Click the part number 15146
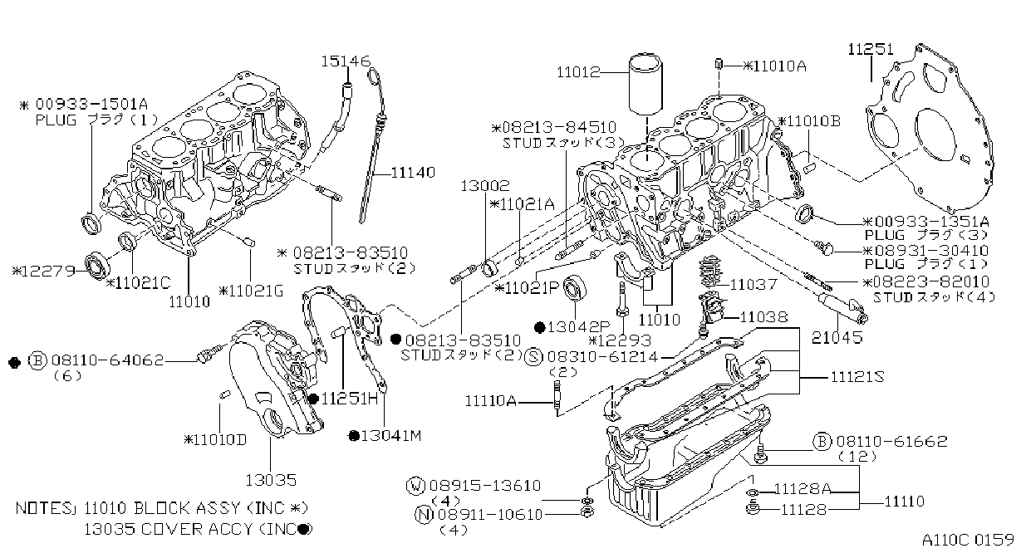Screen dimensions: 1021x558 point(346,61)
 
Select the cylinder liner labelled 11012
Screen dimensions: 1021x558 point(645,84)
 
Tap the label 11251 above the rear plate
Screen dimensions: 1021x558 point(871,49)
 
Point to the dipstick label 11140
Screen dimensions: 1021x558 point(413,173)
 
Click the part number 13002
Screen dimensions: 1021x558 point(485,186)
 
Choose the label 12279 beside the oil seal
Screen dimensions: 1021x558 point(44,272)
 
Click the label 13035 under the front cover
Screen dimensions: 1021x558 point(271,480)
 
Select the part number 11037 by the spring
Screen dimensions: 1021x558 point(753,285)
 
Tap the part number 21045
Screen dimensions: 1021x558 point(837,337)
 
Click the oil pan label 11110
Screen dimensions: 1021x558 point(905,502)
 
